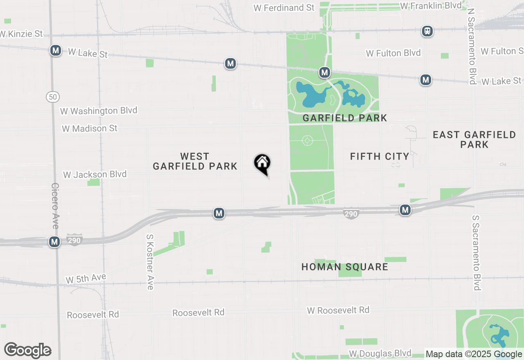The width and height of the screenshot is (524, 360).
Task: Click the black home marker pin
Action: pyautogui.click(x=262, y=164)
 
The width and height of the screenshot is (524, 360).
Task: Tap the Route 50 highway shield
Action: pyautogui.click(x=53, y=97)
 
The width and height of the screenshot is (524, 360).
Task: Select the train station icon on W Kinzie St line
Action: pyautogui.click(x=427, y=31)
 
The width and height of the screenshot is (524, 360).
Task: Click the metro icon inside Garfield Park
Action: pyautogui.click(x=325, y=73)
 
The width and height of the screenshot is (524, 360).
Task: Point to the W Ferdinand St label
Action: pyautogui.click(x=284, y=8)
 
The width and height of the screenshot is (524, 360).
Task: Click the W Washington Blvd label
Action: pyautogui.click(x=99, y=111)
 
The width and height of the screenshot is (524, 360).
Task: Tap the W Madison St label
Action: pyautogui.click(x=90, y=128)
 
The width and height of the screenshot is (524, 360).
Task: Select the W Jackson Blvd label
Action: pyautogui.click(x=95, y=174)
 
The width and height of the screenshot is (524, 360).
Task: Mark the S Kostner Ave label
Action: pyautogui.click(x=150, y=262)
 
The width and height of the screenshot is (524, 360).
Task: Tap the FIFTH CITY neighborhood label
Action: pyautogui.click(x=379, y=156)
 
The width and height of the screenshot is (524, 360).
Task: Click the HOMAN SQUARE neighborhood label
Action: pyautogui.click(x=345, y=267)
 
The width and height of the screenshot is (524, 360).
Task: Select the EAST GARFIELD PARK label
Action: pyautogui.click(x=474, y=139)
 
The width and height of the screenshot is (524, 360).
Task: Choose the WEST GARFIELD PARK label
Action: pyautogui.click(x=195, y=161)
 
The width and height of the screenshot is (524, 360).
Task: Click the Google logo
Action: pyautogui.click(x=27, y=351)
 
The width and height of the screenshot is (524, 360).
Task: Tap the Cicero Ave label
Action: pyautogui.click(x=55, y=206)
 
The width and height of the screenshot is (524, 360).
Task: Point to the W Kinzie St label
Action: pyautogui.click(x=21, y=34)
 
